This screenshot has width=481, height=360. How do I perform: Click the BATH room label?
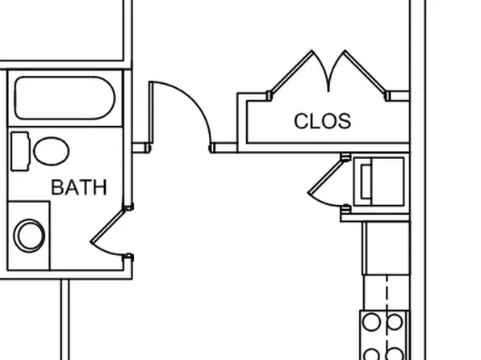pos(79,187)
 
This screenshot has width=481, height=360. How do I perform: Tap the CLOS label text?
pos(322,121)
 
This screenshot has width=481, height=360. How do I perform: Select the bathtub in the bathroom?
pos(65,98)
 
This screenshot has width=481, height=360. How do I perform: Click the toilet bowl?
pos(51,151)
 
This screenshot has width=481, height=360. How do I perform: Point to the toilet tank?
pos(20,151)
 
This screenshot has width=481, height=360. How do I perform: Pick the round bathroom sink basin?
pos(29,236)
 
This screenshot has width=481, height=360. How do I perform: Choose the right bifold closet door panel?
pos(365,72)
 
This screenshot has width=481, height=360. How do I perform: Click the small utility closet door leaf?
pos(325,176)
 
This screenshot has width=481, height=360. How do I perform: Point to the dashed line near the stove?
pos(387,317)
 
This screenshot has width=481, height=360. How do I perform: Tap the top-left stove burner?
pos(371,322)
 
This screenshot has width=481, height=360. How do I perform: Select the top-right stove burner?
pos(394,322)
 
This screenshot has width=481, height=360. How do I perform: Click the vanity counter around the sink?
pos(28,236)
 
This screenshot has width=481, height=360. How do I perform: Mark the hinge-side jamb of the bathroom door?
pos(128,207)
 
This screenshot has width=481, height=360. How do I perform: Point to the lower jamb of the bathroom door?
pos(128,257)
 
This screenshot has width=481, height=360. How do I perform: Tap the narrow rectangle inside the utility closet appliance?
pos(366,182)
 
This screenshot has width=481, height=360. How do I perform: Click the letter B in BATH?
pos(57,187)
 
